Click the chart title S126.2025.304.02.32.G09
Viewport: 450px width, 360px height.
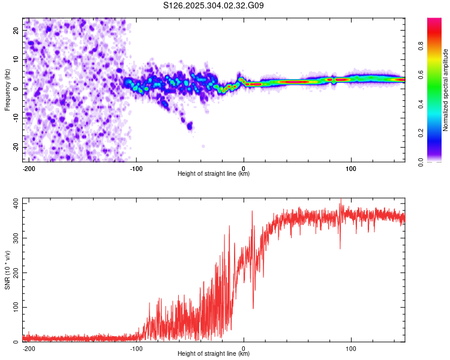click(x=214, y=6)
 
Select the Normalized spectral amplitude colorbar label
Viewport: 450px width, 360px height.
click(x=446, y=90)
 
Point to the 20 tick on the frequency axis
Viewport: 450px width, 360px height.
click(x=17, y=29)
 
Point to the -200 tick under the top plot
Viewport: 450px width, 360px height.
click(x=28, y=167)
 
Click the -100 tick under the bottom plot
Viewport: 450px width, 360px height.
click(x=136, y=347)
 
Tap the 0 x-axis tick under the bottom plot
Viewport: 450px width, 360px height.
click(x=244, y=347)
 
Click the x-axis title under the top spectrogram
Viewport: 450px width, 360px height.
click(x=214, y=174)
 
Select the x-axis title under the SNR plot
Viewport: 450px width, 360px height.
click(x=214, y=354)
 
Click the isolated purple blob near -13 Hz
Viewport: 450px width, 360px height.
click(x=190, y=125)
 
